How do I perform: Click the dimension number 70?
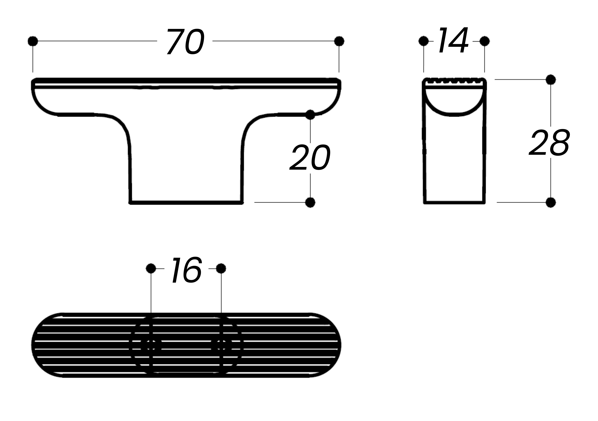[186, 41]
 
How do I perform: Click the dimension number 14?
[453, 40]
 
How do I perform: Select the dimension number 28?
[550, 143]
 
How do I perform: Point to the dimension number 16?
[186, 270]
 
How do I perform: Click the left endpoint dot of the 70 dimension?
[33, 41]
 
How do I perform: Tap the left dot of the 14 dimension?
[423, 41]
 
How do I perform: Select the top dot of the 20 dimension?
[310, 115]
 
